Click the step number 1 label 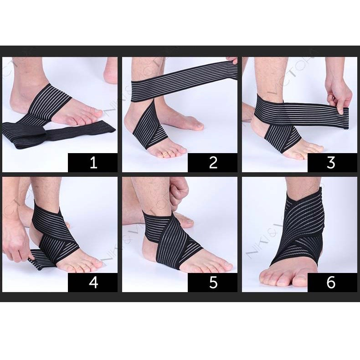(x=93, y=163)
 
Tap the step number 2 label (x=213, y=163)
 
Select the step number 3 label (x=331, y=163)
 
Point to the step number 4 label (x=93, y=283)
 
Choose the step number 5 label (x=213, y=283)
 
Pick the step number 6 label (x=331, y=283)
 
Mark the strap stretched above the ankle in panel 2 (x=182, y=82)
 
